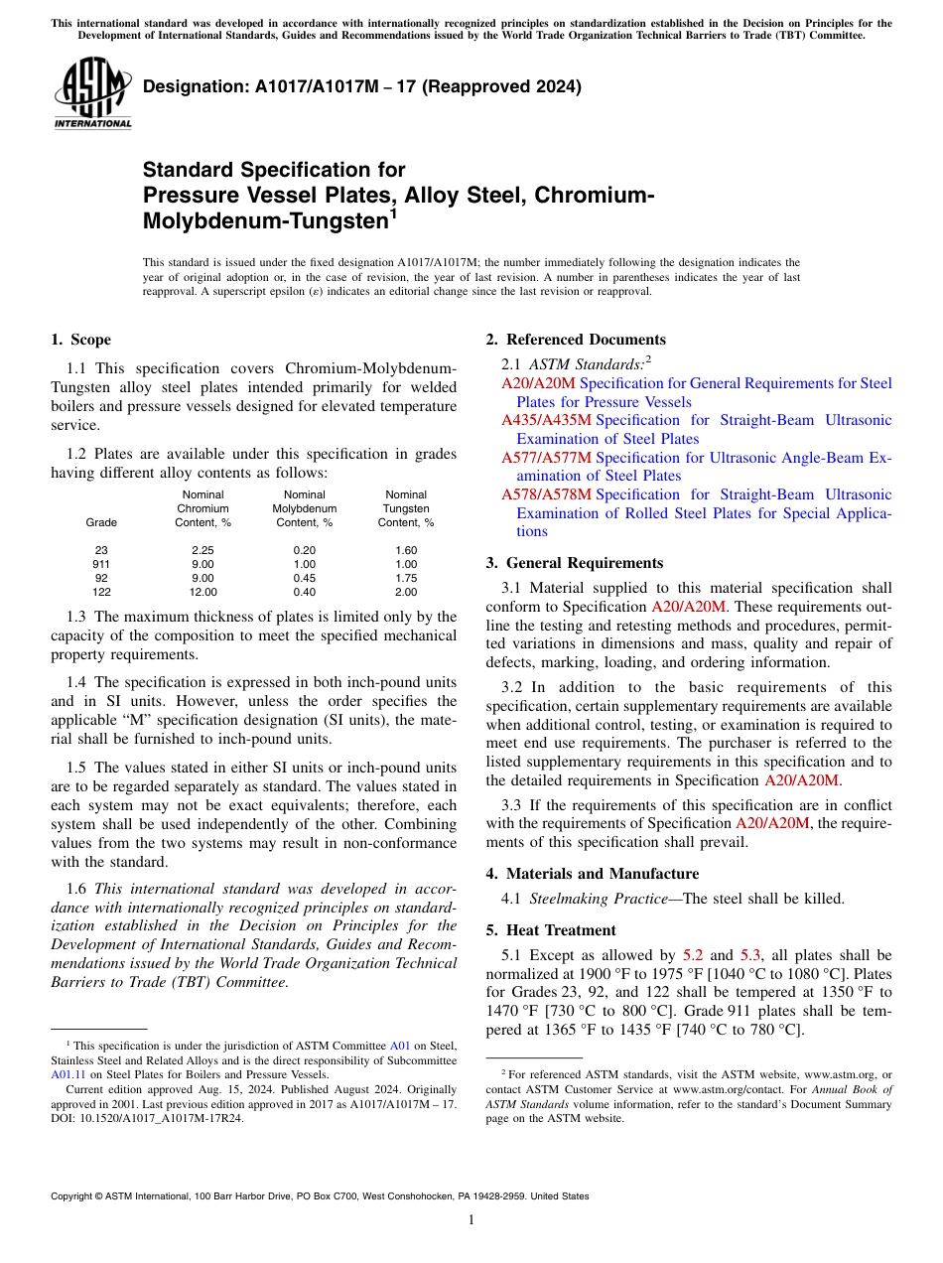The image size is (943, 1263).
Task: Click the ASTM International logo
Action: point(92,93)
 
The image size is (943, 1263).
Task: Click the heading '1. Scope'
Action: point(80,340)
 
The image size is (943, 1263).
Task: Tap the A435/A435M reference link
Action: point(546,420)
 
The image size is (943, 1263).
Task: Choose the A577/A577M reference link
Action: point(546,457)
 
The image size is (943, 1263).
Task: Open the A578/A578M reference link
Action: point(546,493)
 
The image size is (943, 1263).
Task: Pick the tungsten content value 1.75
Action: point(406,578)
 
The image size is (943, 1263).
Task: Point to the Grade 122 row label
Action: point(101,592)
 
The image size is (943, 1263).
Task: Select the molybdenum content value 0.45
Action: point(305,578)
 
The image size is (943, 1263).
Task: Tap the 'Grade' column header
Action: point(101,522)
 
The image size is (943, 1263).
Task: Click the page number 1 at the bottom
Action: point(471,1220)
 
